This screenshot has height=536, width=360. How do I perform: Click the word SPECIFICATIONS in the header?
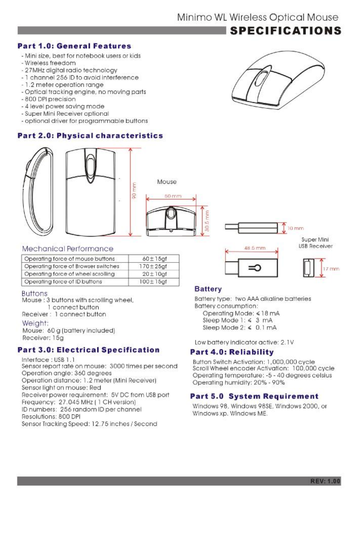tap(285, 31)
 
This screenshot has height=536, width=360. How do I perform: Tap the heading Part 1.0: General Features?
tap(74, 46)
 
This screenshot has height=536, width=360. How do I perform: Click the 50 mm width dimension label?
tap(173, 196)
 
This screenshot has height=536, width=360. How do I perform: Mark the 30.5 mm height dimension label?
tap(207, 221)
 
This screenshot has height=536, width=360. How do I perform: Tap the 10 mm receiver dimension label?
tap(295, 228)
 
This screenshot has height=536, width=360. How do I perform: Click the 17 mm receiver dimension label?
tap(331, 269)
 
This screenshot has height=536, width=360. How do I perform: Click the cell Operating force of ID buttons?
tap(63, 282)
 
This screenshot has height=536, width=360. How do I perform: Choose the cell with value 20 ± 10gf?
tap(154, 274)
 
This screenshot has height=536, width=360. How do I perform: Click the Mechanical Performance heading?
tap(68, 249)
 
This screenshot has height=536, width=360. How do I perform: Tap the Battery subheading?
tap(208, 289)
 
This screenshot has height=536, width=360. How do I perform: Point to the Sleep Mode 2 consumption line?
tap(239, 328)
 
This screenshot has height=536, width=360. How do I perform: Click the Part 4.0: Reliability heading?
tap(232, 352)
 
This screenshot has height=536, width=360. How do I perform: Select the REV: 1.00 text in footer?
tap(325, 481)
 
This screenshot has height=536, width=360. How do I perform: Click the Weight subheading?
tap(35, 323)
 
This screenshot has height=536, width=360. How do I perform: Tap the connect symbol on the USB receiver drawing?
tap(255, 268)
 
